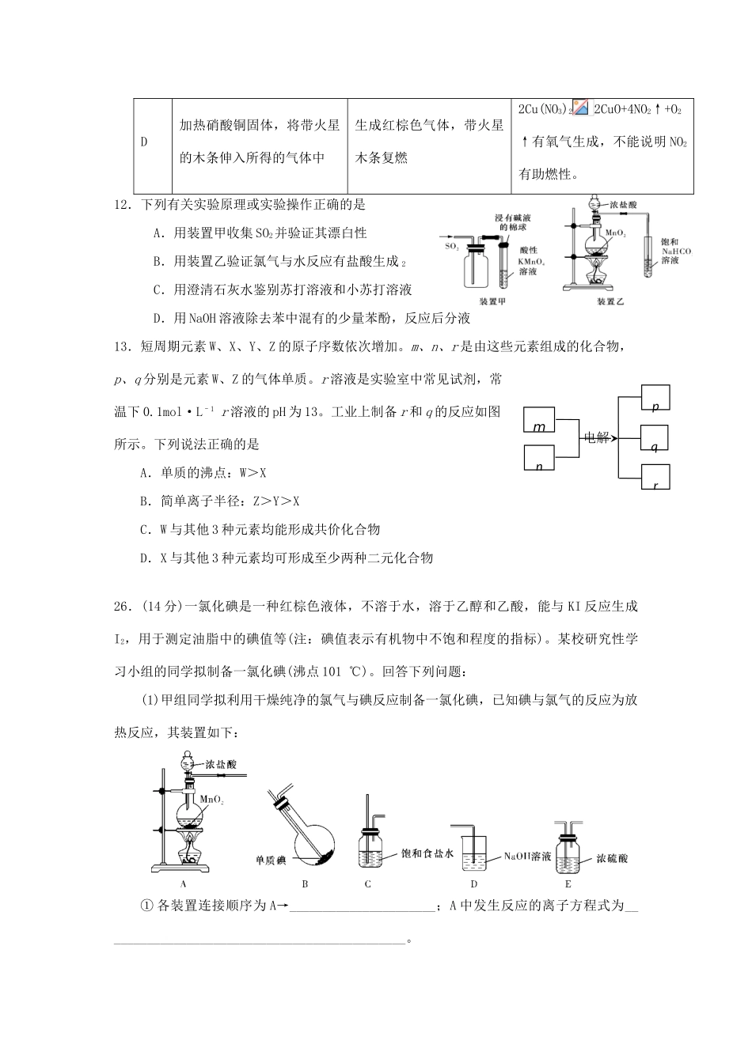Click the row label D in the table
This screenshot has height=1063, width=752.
tap(144, 142)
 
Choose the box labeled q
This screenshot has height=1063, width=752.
tap(654, 440)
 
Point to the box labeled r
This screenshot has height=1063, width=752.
tap(654, 480)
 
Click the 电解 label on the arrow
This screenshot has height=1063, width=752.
tap(596, 437)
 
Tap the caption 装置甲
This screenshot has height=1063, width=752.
tap(494, 301)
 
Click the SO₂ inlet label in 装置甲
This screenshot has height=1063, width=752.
tap(451, 247)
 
